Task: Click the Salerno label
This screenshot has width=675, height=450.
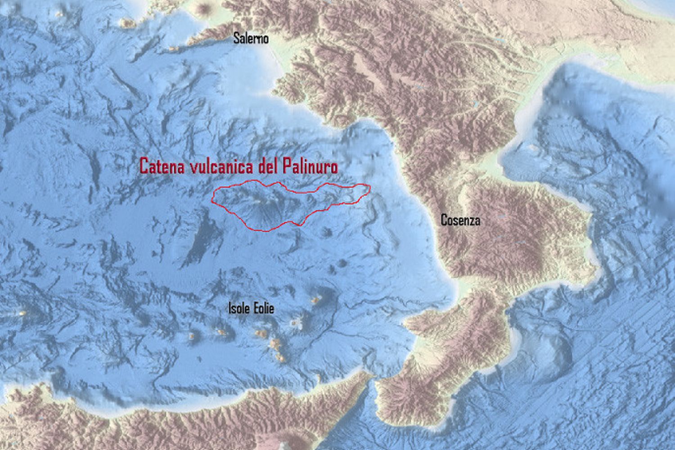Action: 251,39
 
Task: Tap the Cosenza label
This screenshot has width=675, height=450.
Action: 460,220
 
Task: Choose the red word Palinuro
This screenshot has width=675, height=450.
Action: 310,166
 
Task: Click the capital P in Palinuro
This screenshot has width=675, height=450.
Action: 288,166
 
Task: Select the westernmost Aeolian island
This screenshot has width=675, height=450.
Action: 193,336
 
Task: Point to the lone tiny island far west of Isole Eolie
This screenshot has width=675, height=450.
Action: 22,312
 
